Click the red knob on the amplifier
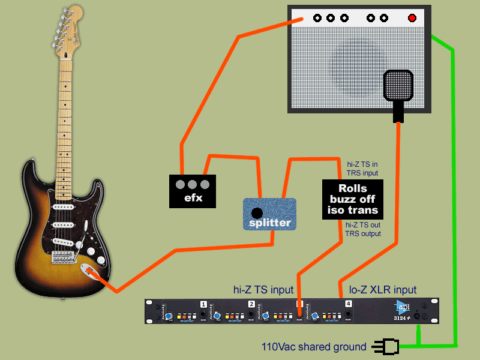[x=412, y=18]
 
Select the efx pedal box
[x=192, y=191]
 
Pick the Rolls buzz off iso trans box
[x=353, y=199]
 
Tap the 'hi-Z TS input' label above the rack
[x=263, y=290]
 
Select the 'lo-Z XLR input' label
[x=383, y=290]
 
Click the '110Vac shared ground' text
[x=313, y=347]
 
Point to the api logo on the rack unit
[x=403, y=305]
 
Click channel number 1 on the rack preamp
[x=203, y=304]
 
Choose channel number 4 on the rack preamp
[x=349, y=304]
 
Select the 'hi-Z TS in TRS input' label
[x=363, y=168]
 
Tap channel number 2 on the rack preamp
[x=251, y=304]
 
